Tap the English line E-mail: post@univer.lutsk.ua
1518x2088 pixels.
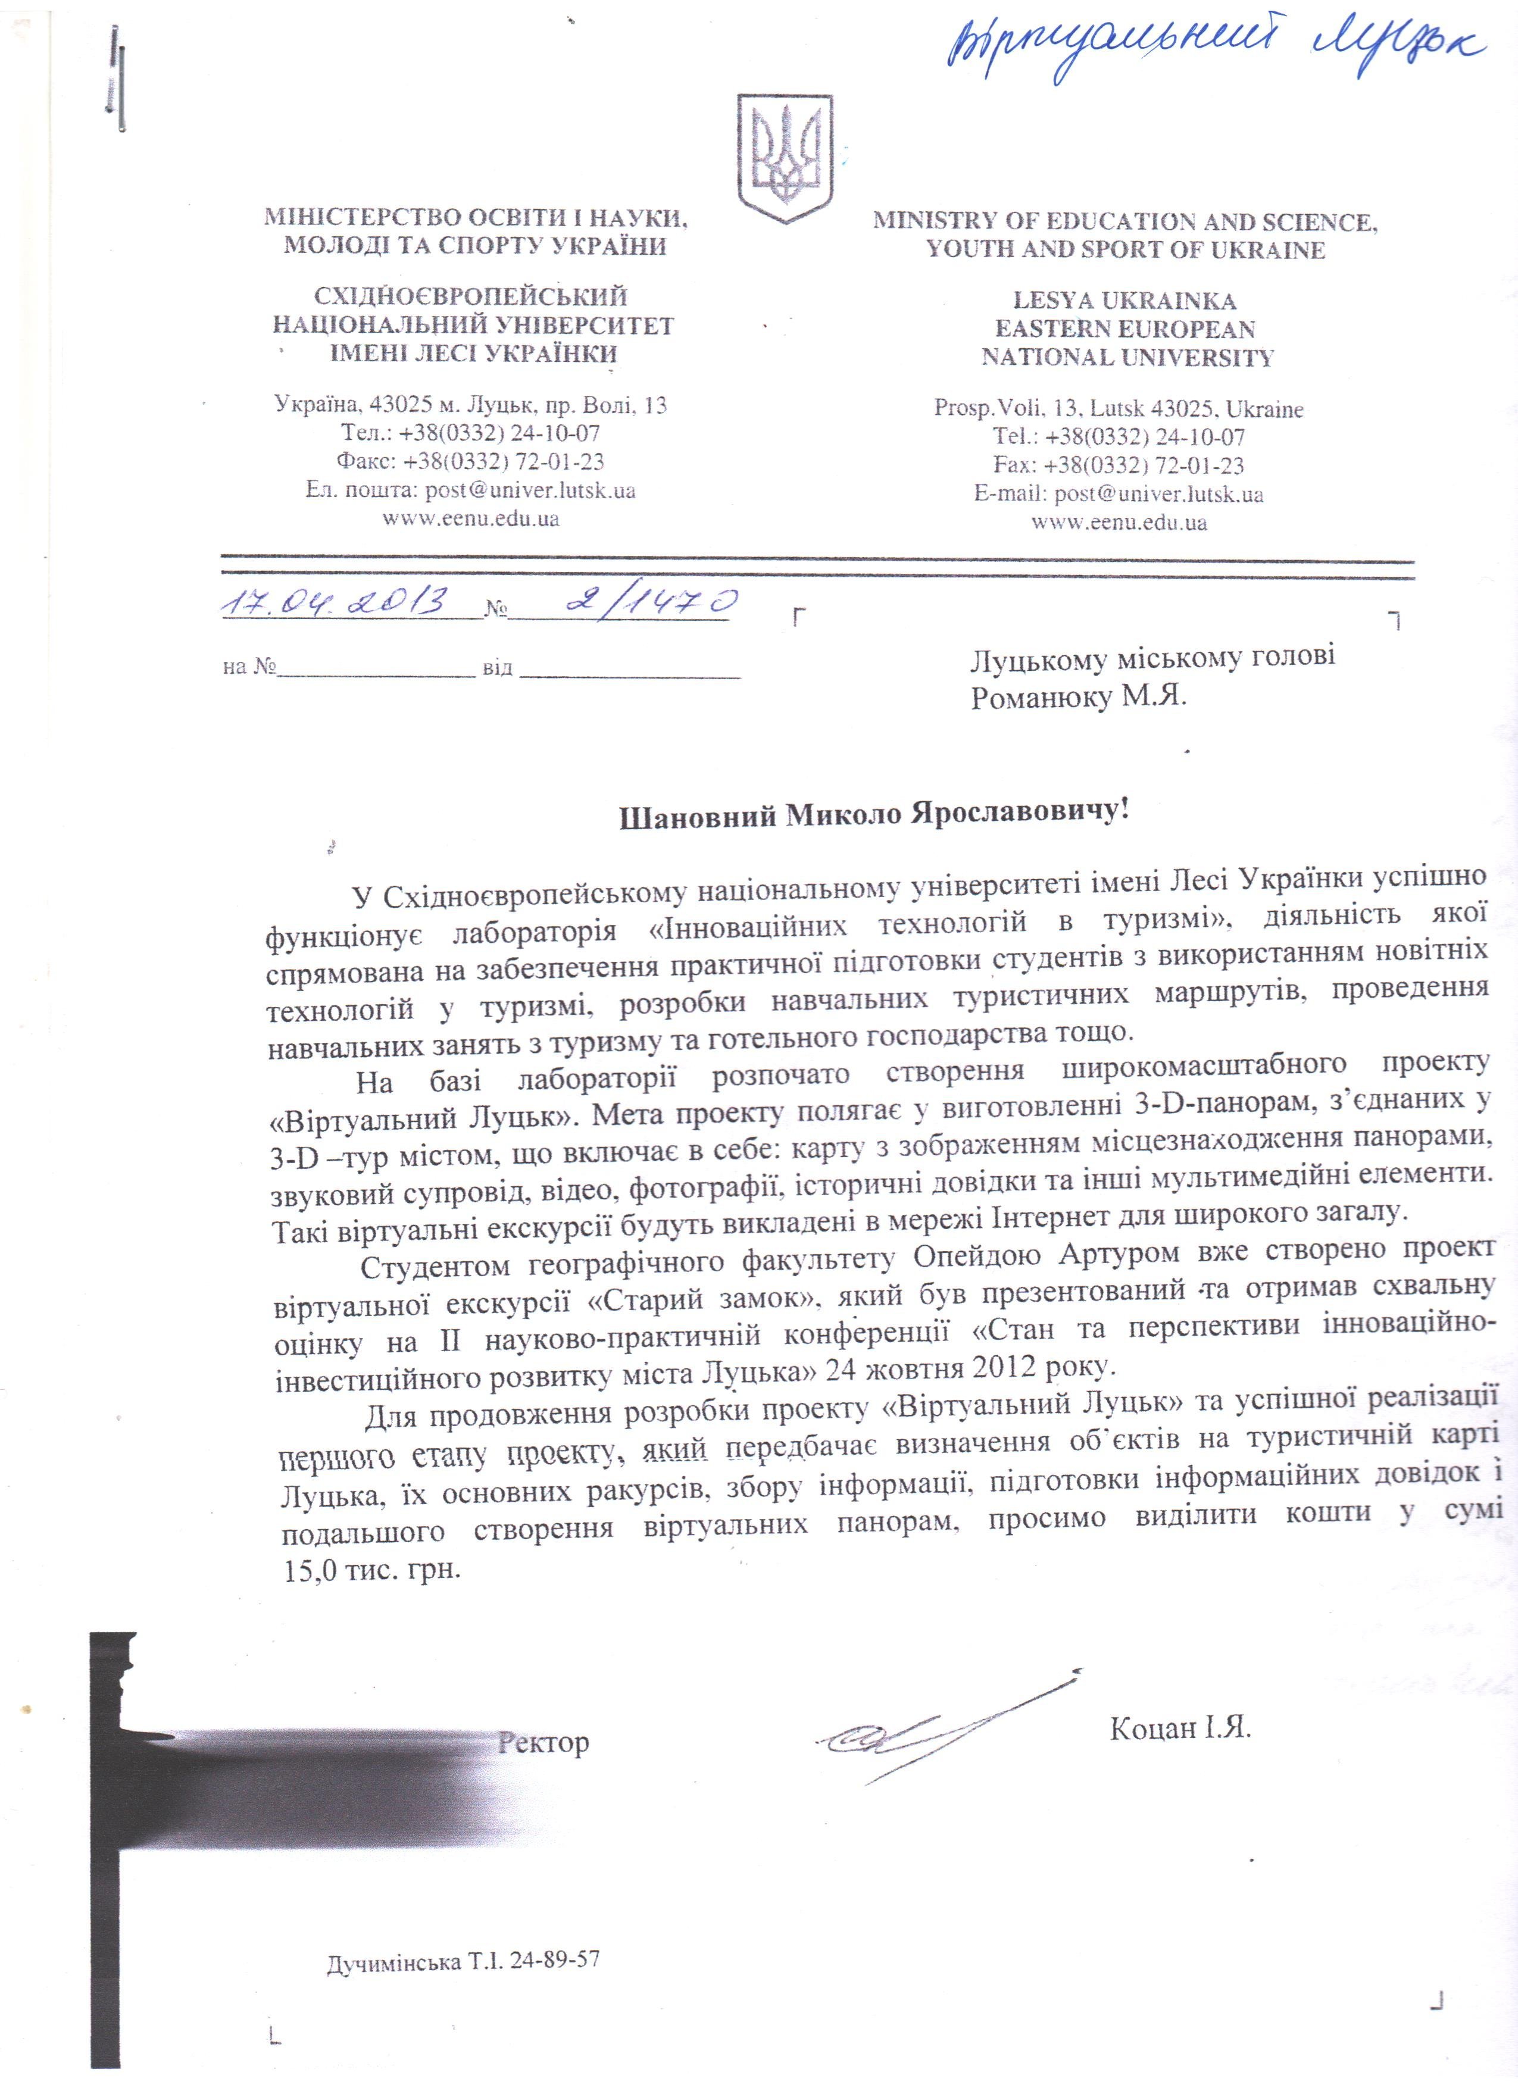(1119, 495)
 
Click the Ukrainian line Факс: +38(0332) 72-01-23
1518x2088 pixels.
(470, 461)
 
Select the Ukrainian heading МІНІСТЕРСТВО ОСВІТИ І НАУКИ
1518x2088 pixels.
(476, 218)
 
